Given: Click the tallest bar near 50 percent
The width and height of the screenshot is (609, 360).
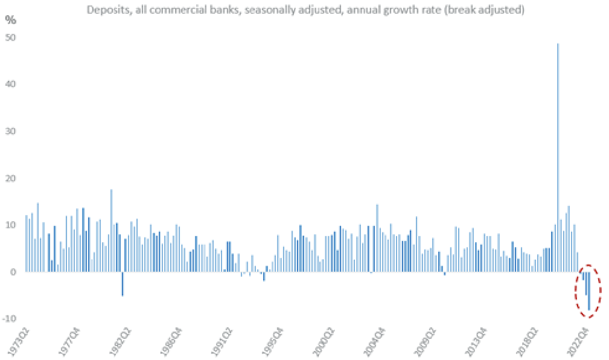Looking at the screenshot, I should (x=558, y=157).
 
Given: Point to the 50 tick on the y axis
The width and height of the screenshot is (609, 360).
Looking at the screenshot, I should (x=11, y=37).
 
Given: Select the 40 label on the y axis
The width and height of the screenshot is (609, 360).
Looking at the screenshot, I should (x=11, y=84).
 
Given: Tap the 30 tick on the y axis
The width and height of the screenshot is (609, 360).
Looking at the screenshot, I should (x=11, y=131).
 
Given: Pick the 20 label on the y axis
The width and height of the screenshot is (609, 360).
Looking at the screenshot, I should (x=11, y=178).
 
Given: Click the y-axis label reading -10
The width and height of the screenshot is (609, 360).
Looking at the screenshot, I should (x=10, y=319).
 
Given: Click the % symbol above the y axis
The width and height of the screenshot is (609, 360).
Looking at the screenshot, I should (x=10, y=19).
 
